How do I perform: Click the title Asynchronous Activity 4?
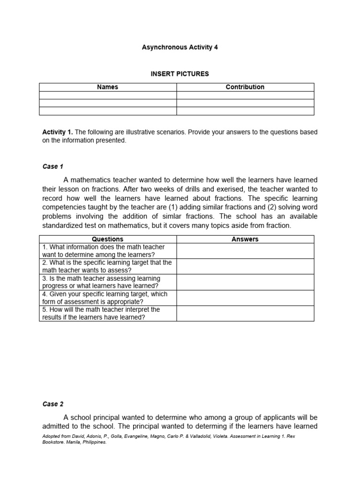click(x=180, y=47)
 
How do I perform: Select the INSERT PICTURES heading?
click(x=180, y=74)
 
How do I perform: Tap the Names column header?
click(x=107, y=87)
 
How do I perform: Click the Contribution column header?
click(x=245, y=87)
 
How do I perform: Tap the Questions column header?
click(x=107, y=239)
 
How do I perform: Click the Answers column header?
click(x=245, y=239)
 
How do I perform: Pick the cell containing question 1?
click(x=107, y=251)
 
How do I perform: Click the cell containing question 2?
click(x=107, y=266)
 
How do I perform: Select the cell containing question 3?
click(x=107, y=282)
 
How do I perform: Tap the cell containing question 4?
click(x=107, y=298)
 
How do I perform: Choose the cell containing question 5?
click(x=107, y=314)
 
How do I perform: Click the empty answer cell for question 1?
click(x=245, y=251)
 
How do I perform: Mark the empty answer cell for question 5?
click(x=245, y=314)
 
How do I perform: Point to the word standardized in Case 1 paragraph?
click(x=63, y=225)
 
